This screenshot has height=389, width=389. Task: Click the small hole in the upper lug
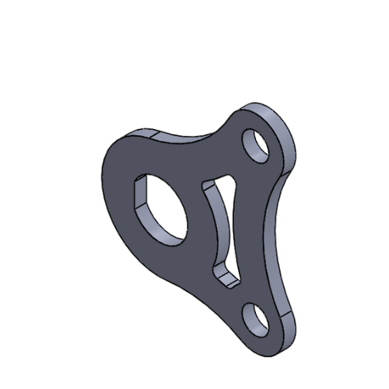pos(255,145)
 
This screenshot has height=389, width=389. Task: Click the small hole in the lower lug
pos(255,319)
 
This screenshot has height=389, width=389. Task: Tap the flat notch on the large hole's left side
pos(140,194)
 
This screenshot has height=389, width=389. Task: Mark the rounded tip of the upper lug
pos(284,124)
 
